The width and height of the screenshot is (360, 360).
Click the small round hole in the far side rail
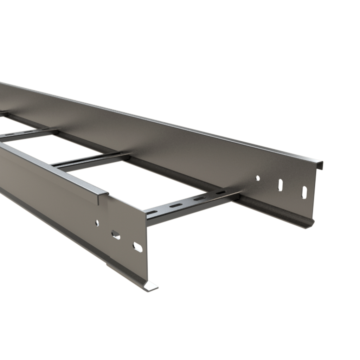(x=258, y=178)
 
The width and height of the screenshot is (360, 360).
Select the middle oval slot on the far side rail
(x=280, y=185)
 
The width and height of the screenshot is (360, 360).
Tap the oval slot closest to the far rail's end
(x=304, y=192)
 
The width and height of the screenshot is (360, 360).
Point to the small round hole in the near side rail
(x=97, y=223)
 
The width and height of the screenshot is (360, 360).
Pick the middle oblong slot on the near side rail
(x=116, y=235)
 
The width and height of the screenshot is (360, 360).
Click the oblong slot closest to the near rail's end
(x=137, y=247)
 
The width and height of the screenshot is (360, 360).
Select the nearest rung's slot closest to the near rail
(x=152, y=212)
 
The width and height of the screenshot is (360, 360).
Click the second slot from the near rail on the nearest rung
(x=176, y=205)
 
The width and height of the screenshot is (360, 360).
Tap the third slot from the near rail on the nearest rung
(x=199, y=199)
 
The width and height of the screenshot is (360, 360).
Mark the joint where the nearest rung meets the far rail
(x=236, y=194)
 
